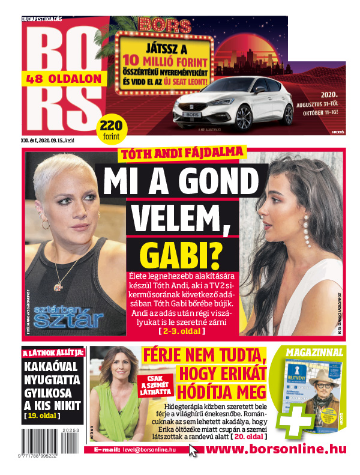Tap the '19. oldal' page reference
pos(41,414)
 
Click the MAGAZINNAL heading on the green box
pos(314,352)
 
